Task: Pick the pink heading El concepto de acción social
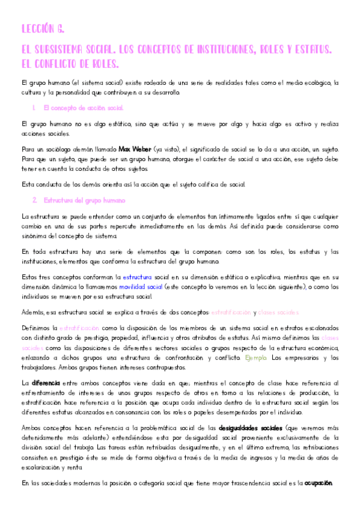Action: (x=84, y=108)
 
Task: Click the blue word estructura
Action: (x=138, y=278)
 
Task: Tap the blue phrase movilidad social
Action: (x=141, y=287)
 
